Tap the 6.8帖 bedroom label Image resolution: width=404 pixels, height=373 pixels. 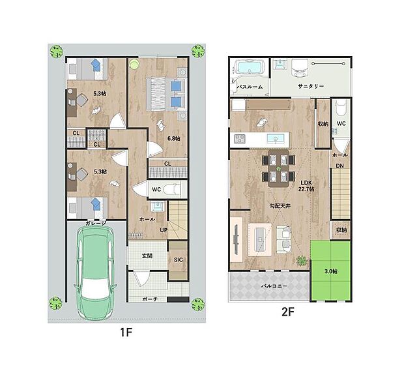pyautogui.click(x=174, y=138)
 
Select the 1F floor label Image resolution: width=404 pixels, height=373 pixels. pyautogui.click(x=126, y=333)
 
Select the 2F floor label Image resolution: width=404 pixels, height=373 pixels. pyautogui.click(x=288, y=312)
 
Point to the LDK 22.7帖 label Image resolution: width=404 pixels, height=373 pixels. pyautogui.click(x=306, y=186)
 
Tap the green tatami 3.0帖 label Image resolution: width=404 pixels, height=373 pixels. pyautogui.click(x=331, y=271)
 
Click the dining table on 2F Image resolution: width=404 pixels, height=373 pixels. pyautogui.click(x=278, y=168)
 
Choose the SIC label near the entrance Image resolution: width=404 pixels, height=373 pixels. pyautogui.click(x=178, y=260)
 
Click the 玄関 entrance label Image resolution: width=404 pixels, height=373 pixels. pyautogui.click(x=147, y=256)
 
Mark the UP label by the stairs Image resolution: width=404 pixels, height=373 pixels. pyautogui.click(x=164, y=230)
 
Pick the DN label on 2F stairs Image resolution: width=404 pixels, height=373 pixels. pyautogui.click(x=340, y=166)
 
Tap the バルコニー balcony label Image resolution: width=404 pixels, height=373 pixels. pyautogui.click(x=274, y=286)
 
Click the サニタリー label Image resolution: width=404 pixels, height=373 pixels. pyautogui.click(x=311, y=86)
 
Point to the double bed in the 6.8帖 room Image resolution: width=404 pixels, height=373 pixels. pyautogui.click(x=166, y=94)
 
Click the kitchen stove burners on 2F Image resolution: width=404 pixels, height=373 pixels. pyautogui.click(x=240, y=139)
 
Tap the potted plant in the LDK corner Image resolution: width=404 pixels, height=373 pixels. pyautogui.click(x=302, y=260)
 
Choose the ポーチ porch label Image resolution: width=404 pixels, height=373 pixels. pyautogui.click(x=150, y=299)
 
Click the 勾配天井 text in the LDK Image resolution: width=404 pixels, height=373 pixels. pyautogui.click(x=280, y=206)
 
